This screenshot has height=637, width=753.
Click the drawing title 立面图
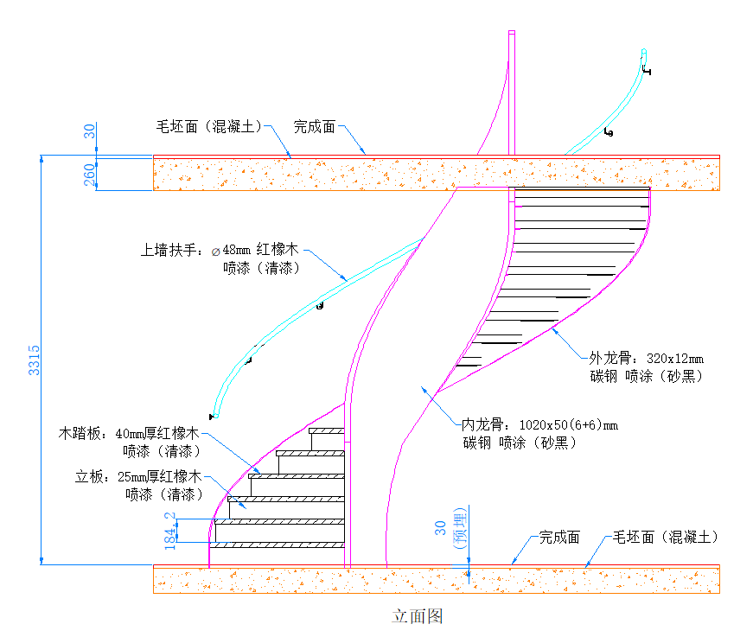pos(418,616)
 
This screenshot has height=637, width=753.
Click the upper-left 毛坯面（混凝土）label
pos(208,127)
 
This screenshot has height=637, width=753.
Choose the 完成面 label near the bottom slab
pos(559,537)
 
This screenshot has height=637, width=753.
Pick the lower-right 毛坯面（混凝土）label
pos(666,537)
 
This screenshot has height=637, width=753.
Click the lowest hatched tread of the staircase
pos(278,545)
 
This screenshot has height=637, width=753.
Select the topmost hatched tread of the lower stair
pos(327,430)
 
